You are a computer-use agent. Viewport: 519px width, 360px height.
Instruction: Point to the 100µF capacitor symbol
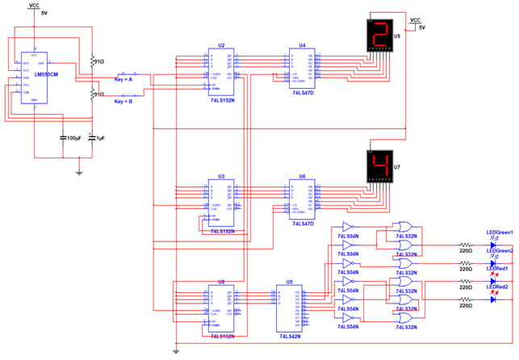[x=64, y=137]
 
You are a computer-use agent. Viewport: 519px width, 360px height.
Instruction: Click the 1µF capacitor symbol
[x=91, y=137]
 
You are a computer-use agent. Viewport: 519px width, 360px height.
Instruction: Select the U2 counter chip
[x=220, y=70]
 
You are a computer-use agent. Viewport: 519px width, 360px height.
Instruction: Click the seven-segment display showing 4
[x=379, y=166]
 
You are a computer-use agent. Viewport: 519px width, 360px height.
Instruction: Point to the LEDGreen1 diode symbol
[x=493, y=245]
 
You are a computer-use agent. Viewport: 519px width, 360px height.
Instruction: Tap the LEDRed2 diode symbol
[x=493, y=300]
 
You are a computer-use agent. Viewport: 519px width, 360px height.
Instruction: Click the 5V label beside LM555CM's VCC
[x=44, y=14]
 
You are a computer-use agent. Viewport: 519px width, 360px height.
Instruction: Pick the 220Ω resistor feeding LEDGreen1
[x=465, y=244]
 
